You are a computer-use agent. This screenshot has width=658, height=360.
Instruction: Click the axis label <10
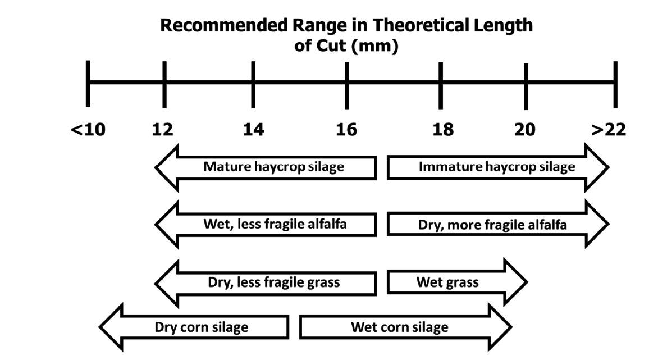tap(88, 130)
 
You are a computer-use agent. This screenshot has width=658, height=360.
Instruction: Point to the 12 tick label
tap(162, 130)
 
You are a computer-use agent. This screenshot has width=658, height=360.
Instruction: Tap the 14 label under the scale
tap(253, 130)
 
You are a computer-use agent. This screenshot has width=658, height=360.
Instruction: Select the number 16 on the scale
tap(346, 130)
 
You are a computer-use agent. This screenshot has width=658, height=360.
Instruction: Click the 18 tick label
tap(442, 130)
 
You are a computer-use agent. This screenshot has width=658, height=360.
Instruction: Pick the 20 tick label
tap(525, 130)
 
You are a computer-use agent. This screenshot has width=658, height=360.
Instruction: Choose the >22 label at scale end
tap(609, 130)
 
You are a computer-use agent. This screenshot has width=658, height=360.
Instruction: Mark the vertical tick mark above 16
tap(346, 84)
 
